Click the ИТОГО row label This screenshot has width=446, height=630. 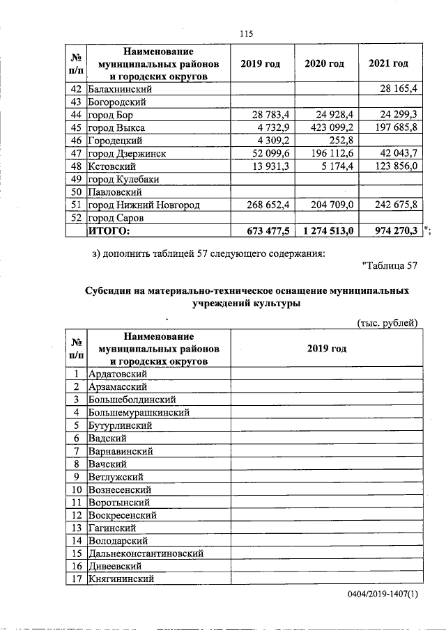pyautogui.click(x=109, y=230)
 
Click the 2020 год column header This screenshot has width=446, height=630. pyautogui.click(x=325, y=64)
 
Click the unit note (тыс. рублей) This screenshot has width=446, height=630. pyautogui.click(x=387, y=322)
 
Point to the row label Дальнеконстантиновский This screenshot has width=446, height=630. pyautogui.click(x=146, y=553)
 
